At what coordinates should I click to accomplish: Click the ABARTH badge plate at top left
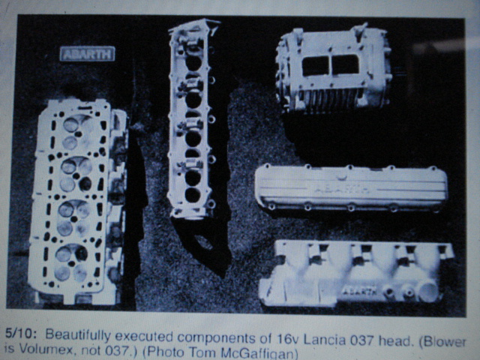(x=88, y=54)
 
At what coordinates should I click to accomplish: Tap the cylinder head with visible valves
(x=78, y=200)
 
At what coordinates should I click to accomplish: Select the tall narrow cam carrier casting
(x=191, y=119)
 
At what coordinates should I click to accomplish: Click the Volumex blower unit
(x=334, y=70)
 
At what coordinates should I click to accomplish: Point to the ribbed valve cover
(x=352, y=188)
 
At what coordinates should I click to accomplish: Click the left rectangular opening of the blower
(x=315, y=65)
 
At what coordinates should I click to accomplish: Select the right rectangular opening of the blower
(x=345, y=64)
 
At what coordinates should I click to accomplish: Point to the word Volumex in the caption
(x=38, y=349)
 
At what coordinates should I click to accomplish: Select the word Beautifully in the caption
(x=78, y=335)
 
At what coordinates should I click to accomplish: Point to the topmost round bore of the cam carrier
(x=193, y=62)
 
